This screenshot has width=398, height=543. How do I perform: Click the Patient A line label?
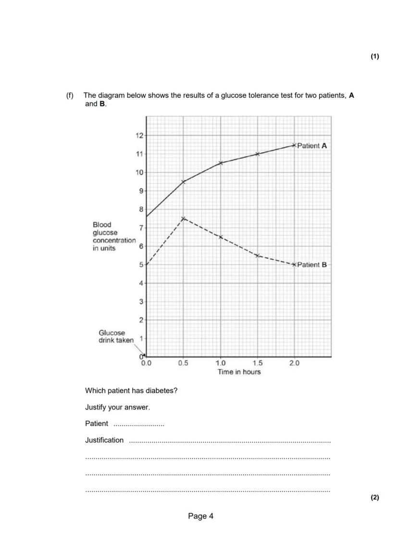click(x=312, y=145)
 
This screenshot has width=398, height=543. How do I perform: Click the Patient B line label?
click(x=312, y=265)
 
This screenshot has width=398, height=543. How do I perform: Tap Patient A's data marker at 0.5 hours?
click(x=183, y=181)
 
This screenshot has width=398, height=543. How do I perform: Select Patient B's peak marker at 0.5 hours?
click(x=183, y=218)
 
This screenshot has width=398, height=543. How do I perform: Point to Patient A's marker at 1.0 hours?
click(x=221, y=163)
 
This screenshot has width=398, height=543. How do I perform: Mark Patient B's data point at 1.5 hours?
click(x=258, y=255)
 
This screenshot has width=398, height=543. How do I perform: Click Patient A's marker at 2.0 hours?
click(x=294, y=145)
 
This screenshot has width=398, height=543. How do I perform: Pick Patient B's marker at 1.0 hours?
click(x=221, y=237)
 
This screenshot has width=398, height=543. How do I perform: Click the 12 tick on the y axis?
click(x=139, y=135)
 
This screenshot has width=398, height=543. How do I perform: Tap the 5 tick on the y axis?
click(x=141, y=265)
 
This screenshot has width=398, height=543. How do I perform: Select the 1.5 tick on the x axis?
click(x=258, y=363)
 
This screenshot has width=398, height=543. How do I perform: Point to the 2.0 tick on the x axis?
click(x=294, y=363)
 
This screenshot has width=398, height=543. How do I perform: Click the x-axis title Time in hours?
click(x=239, y=372)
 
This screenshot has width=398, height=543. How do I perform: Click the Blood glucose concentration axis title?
click(x=114, y=236)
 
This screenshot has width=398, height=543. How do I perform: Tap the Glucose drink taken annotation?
click(x=116, y=336)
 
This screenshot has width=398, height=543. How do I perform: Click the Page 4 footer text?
click(x=200, y=516)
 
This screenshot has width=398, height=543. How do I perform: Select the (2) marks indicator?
click(x=375, y=497)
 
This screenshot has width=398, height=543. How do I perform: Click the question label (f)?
click(x=70, y=95)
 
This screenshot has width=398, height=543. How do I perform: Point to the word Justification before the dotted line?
click(x=104, y=440)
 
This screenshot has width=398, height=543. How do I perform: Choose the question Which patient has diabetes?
click(x=131, y=390)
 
